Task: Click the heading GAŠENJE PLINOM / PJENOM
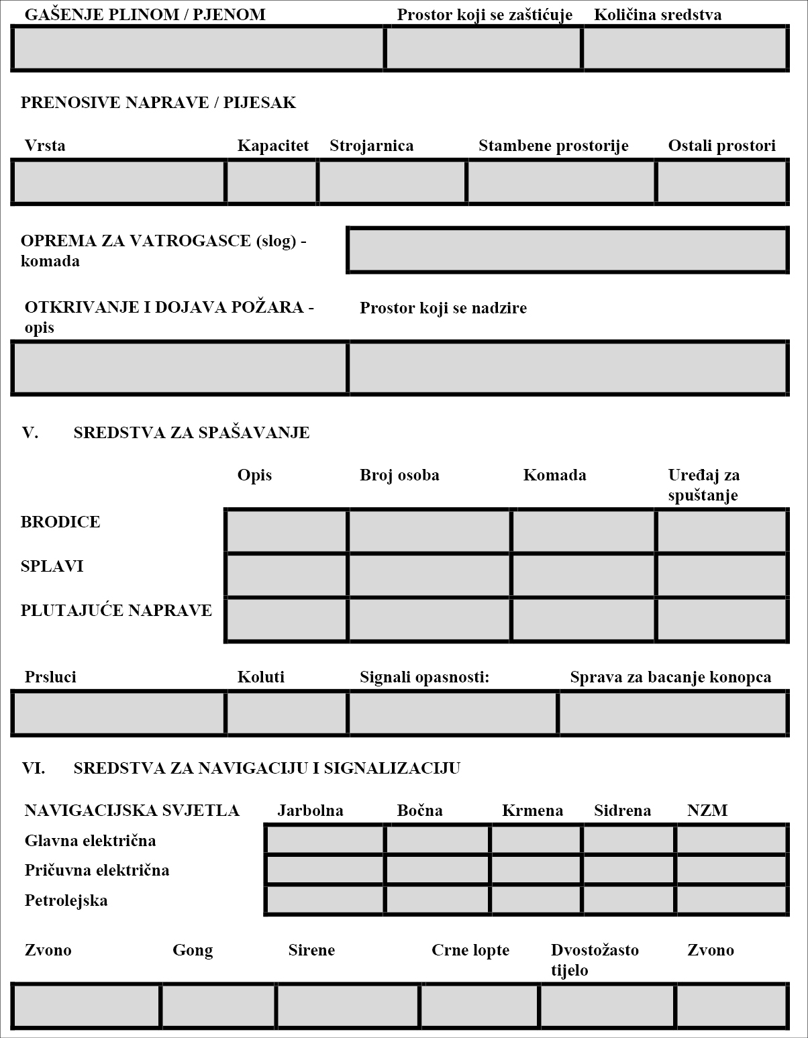pyautogui.click(x=144, y=14)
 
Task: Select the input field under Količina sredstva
pyautogui.click(x=685, y=48)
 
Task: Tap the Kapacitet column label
pyautogui.click(x=272, y=146)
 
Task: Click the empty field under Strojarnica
pyautogui.click(x=393, y=182)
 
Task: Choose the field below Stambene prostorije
pyautogui.click(x=561, y=182)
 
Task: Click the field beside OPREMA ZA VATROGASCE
pyautogui.click(x=567, y=250)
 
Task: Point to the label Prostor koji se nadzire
pyautogui.click(x=443, y=308)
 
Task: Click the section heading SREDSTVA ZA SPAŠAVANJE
pyautogui.click(x=191, y=433)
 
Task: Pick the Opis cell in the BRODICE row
pyautogui.click(x=287, y=531)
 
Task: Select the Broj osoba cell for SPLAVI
pyautogui.click(x=430, y=575)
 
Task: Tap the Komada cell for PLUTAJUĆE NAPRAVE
pyautogui.click(x=583, y=619)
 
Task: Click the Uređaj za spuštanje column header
pyautogui.click(x=703, y=484)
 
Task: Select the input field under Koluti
pyautogui.click(x=287, y=713)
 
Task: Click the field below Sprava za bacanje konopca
pyautogui.click(x=672, y=713)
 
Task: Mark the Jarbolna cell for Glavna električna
pyautogui.click(x=325, y=839)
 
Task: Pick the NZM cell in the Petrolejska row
pyautogui.click(x=731, y=900)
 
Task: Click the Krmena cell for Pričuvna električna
pyautogui.click(x=536, y=870)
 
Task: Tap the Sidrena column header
pyautogui.click(x=622, y=811)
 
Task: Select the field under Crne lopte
pyautogui.click(x=480, y=1006)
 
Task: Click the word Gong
pyautogui.click(x=193, y=950)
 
